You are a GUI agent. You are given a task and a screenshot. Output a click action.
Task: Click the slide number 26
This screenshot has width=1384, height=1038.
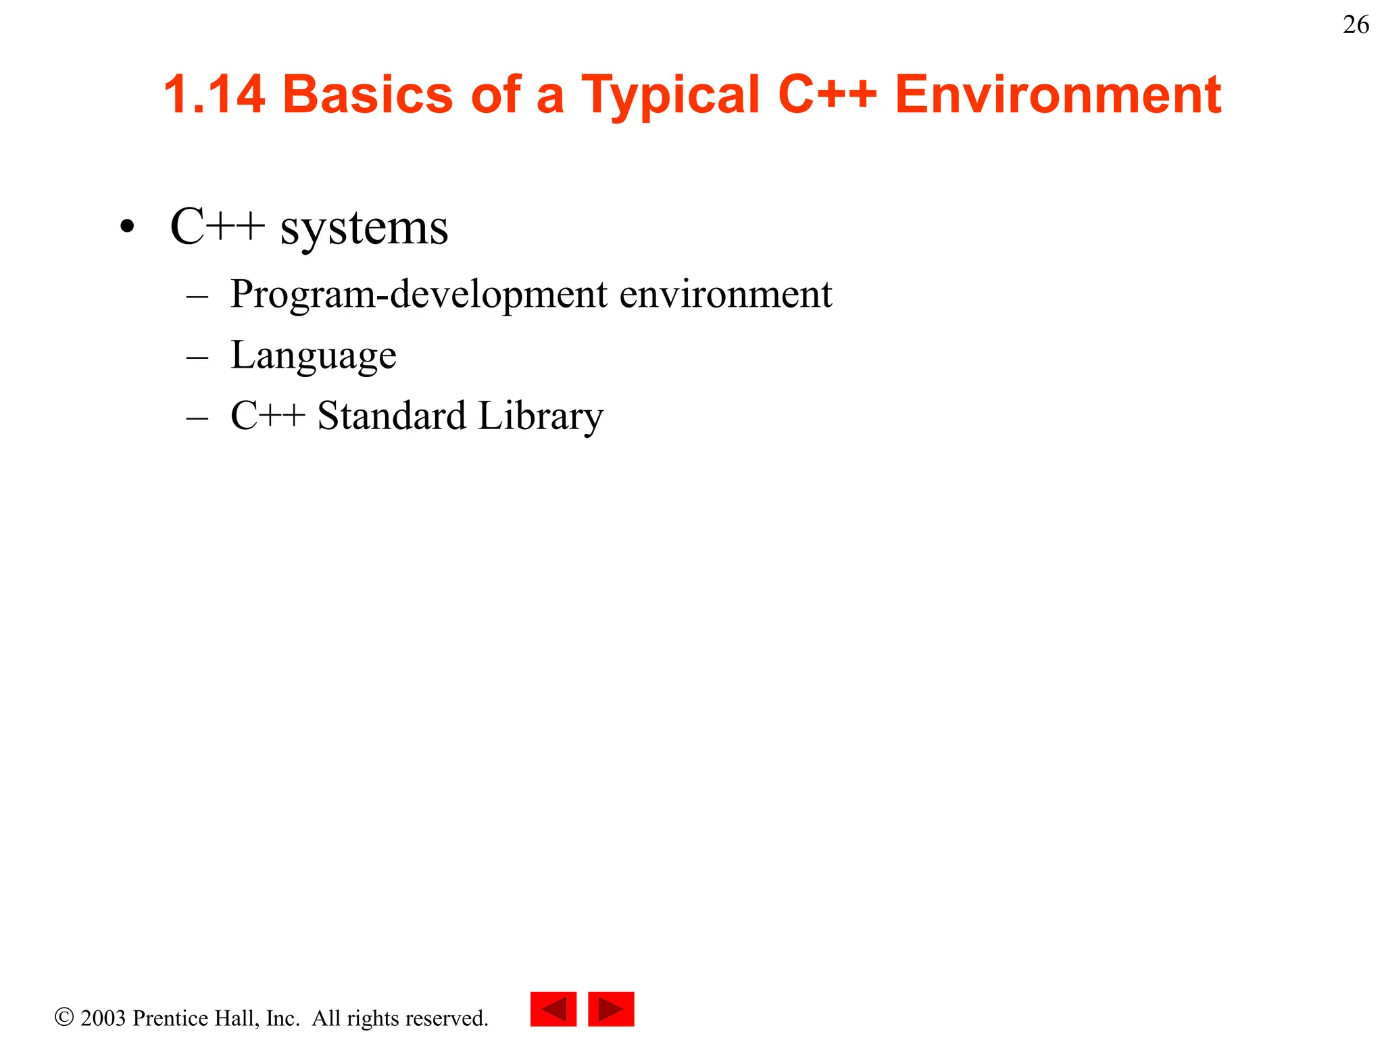(1356, 25)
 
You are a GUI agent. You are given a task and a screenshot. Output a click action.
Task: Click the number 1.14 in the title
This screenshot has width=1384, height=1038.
(214, 94)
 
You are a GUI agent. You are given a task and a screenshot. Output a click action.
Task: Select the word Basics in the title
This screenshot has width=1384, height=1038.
(372, 94)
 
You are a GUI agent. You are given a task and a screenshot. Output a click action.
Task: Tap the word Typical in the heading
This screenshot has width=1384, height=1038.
(670, 95)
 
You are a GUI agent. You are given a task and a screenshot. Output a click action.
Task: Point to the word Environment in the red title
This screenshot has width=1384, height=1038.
(1058, 94)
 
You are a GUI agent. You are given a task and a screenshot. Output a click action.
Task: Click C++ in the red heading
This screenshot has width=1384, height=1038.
(827, 94)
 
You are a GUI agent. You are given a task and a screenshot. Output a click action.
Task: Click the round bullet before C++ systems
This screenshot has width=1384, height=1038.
(126, 227)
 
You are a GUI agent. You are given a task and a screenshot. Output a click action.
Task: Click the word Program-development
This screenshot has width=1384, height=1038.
(419, 295)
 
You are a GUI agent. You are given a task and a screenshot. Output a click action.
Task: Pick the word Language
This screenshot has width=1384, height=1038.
(314, 355)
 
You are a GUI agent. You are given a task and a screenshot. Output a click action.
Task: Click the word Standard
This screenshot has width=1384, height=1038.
(391, 416)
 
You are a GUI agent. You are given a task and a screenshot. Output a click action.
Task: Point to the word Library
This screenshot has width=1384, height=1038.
(541, 416)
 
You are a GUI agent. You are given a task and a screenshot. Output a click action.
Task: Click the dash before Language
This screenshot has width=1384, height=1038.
(197, 356)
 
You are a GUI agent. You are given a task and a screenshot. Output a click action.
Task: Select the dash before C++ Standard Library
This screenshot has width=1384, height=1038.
(197, 417)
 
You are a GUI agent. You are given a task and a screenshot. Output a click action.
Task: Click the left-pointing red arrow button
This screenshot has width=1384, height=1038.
(553, 1009)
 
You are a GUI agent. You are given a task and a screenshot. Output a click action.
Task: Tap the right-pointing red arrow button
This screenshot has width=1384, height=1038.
(611, 1009)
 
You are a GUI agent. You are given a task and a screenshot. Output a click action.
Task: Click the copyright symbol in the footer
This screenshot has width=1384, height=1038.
(64, 1017)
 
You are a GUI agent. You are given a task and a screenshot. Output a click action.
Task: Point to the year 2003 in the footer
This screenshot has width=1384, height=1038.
(103, 1018)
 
